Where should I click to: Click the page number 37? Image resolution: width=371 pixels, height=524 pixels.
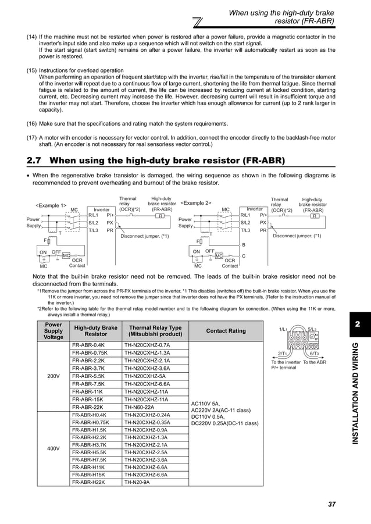pos(331,504)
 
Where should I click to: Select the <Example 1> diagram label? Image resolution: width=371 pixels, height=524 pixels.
pos(51,205)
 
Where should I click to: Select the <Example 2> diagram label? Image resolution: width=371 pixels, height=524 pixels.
pos(195,203)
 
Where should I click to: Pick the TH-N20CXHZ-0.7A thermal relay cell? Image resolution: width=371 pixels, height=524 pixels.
pos(147,345)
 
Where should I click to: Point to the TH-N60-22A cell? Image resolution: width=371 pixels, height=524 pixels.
pos(140,407)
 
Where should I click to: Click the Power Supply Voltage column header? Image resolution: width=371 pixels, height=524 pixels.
pos(53,331)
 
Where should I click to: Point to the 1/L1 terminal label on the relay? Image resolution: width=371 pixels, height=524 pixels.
pos(284,329)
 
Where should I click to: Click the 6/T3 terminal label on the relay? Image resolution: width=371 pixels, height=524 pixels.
pos(318,353)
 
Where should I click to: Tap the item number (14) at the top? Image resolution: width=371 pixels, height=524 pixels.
pos(32,37)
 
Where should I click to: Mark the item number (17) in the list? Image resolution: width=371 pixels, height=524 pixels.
pos(32,137)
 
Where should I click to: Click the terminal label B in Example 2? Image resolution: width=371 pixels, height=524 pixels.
pos(244,245)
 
